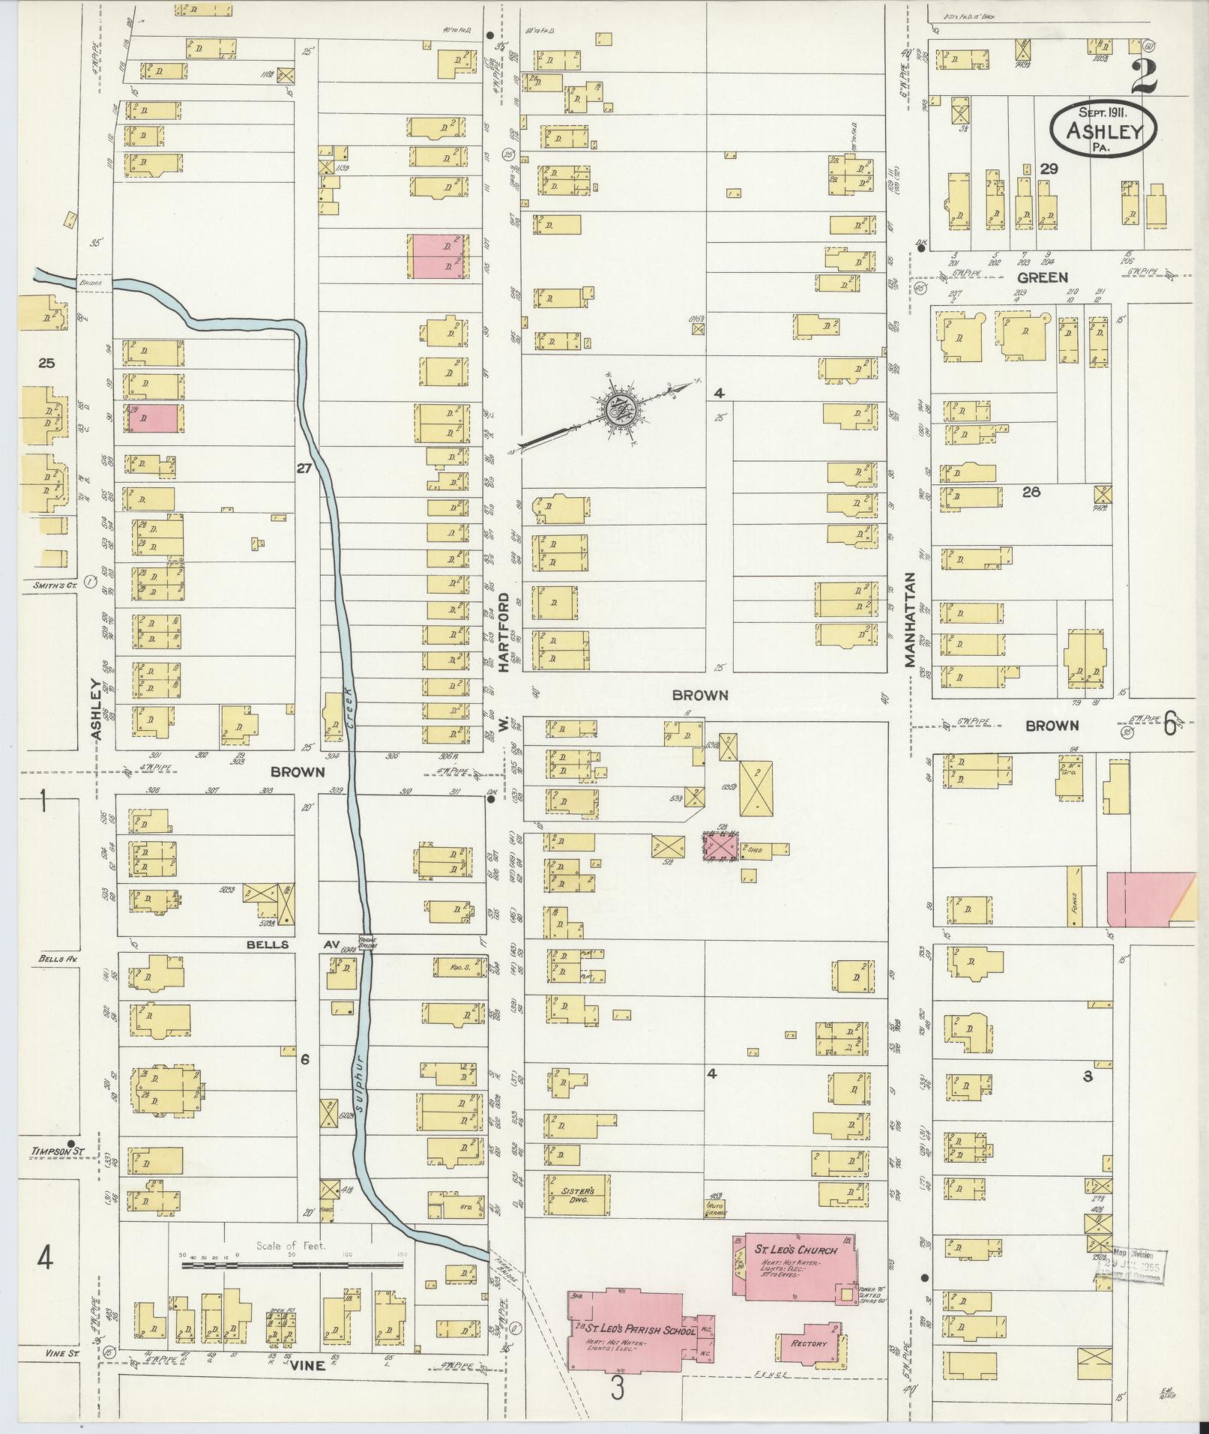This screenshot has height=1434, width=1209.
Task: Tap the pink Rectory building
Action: tap(809, 1343)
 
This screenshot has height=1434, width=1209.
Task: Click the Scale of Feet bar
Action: tap(292, 1266)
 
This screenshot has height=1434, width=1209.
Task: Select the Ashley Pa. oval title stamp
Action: tap(1103, 129)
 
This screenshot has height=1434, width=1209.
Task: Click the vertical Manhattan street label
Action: tap(910, 620)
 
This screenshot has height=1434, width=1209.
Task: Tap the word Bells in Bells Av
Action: tap(268, 945)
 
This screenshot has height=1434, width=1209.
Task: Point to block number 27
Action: tap(304, 469)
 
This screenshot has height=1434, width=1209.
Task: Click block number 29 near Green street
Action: tap(1048, 169)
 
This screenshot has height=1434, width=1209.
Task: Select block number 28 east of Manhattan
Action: tap(1032, 492)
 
